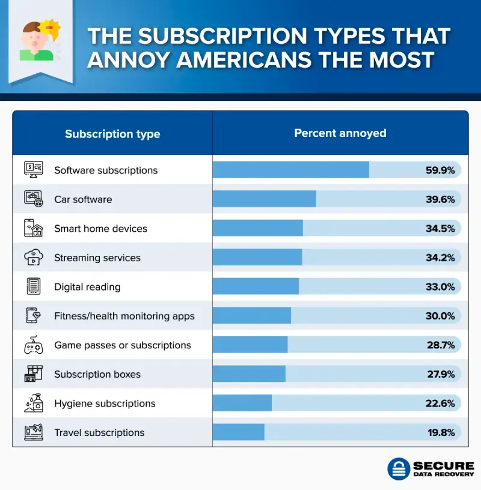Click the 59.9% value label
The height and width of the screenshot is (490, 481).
coord(440,170)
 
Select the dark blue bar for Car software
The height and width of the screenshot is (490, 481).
coord(265,199)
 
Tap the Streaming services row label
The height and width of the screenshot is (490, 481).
coord(97,258)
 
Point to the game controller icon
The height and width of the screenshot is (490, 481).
coord(33,345)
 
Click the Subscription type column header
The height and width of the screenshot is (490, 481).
coord(112,134)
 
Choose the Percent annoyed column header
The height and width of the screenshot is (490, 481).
coord(340,133)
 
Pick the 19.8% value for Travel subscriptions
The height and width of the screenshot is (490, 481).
coord(440,432)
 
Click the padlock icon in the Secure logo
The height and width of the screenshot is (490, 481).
coord(398,470)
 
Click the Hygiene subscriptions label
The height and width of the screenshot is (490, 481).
coord(105,404)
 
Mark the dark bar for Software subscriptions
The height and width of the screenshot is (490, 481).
coord(291,170)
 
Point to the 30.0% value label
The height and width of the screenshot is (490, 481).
coord(440,316)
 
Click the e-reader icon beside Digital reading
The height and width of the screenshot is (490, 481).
coord(33,286)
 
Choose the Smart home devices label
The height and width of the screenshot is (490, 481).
coord(100,228)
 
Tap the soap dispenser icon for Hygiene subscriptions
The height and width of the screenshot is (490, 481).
coord(33,403)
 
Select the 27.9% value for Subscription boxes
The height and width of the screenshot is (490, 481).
coord(440,374)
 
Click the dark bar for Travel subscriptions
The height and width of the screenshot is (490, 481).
coord(239,432)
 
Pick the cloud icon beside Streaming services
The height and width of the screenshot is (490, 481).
coord(33,258)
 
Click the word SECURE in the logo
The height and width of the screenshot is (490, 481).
coord(443,466)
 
